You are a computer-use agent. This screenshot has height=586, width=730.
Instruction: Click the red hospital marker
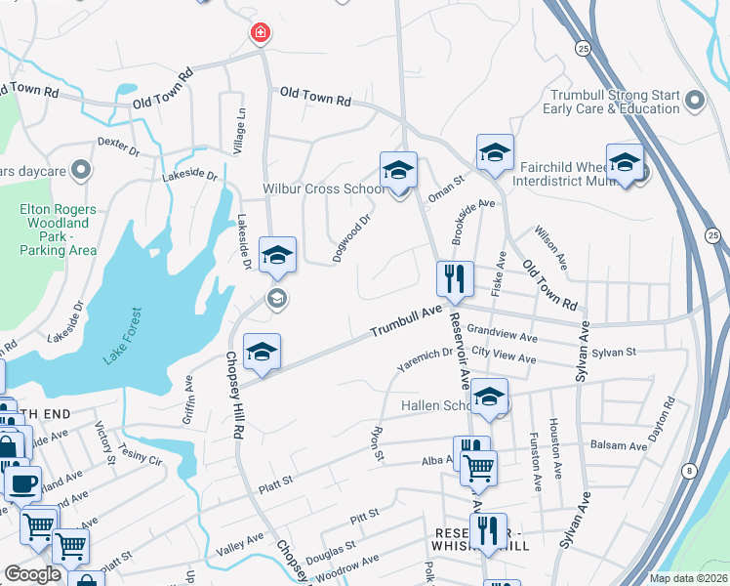pyautogui.click(x=260, y=34)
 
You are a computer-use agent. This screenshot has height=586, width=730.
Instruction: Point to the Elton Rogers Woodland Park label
pyautogui.click(x=58, y=230)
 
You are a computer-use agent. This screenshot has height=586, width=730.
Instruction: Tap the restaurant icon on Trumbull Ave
pyautogui.click(x=455, y=278)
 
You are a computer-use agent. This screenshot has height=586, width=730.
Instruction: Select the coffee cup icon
pyautogui.click(x=22, y=482)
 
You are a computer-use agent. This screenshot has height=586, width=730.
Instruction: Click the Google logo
pyautogui.click(x=33, y=573)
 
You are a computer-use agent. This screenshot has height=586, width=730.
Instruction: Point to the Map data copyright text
pyautogui.click(x=687, y=578)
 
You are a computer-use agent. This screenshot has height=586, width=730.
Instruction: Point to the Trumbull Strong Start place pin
pyautogui.click(x=695, y=100)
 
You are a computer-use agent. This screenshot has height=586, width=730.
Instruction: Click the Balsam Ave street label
pyautogui.click(x=618, y=445)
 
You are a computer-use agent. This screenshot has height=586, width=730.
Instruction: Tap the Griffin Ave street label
pyautogui.click(x=189, y=401)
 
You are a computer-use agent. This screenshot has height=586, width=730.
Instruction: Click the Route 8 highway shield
pyautogui.click(x=691, y=471)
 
